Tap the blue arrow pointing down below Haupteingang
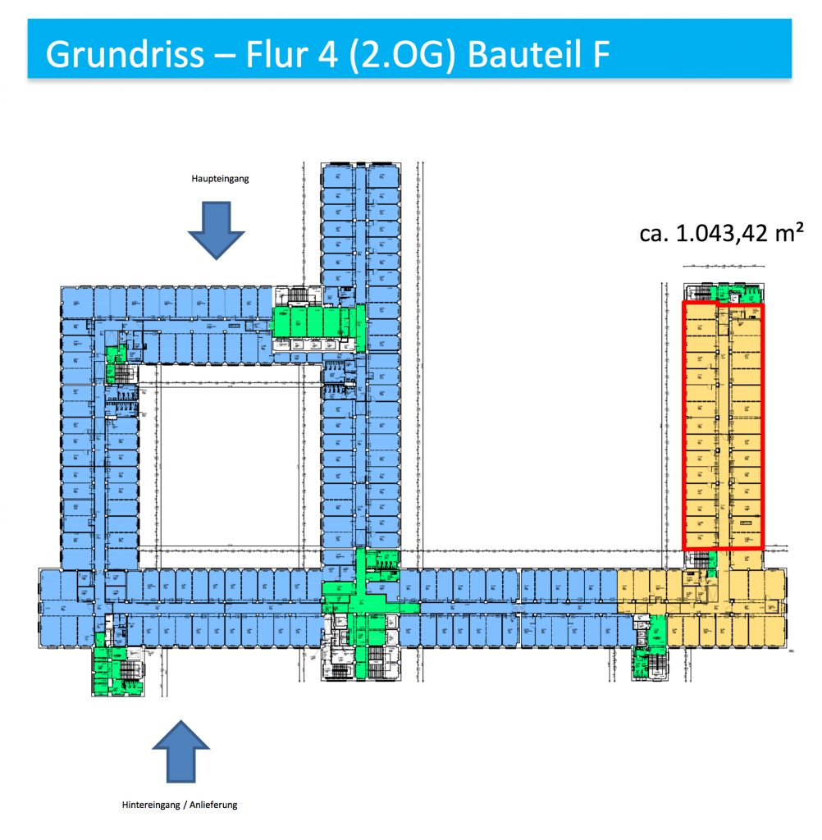(217, 230)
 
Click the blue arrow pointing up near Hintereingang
(181, 750)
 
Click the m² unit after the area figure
(788, 235)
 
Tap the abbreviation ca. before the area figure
(655, 235)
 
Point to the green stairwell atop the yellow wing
(725, 293)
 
